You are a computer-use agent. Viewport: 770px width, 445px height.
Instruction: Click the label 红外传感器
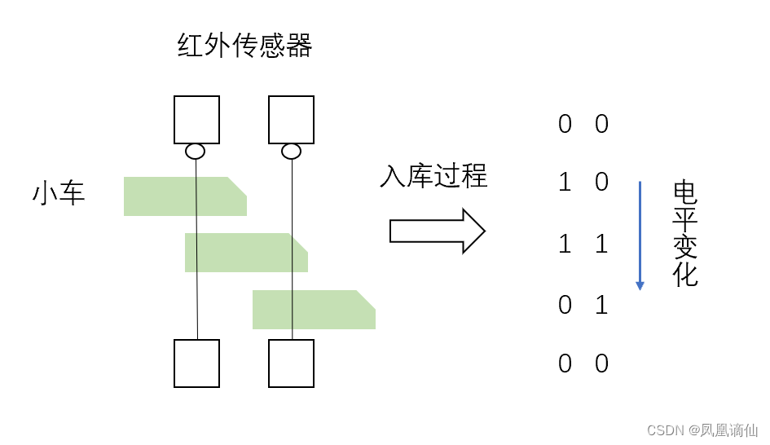[244, 46]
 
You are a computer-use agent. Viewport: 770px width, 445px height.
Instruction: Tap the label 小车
[59, 194]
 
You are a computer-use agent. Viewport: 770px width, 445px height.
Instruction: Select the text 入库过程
[433, 176]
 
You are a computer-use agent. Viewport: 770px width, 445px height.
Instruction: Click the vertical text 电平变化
[685, 234]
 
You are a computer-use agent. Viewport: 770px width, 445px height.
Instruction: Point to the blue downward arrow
[640, 236]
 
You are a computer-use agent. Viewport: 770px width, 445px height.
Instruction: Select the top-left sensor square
[196, 120]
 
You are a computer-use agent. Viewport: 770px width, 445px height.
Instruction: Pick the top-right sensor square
[291, 120]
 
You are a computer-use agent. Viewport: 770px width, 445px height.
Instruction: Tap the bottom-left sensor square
[196, 363]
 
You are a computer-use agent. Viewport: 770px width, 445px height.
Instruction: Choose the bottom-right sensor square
[291, 363]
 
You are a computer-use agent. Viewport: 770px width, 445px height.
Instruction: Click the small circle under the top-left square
[196, 151]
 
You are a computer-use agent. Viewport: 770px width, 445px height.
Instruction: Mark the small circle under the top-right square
[291, 151]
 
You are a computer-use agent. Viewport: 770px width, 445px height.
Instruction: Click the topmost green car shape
[184, 196]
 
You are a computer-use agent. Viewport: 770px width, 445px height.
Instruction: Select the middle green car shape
[245, 253]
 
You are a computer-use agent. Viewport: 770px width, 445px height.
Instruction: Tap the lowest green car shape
[313, 310]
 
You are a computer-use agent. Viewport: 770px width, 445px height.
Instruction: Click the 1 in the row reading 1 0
[565, 183]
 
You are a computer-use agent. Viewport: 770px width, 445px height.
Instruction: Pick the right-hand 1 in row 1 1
[601, 244]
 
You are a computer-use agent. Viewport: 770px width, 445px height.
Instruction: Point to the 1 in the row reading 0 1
[601, 305]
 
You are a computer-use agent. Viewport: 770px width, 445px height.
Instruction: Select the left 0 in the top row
[565, 124]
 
